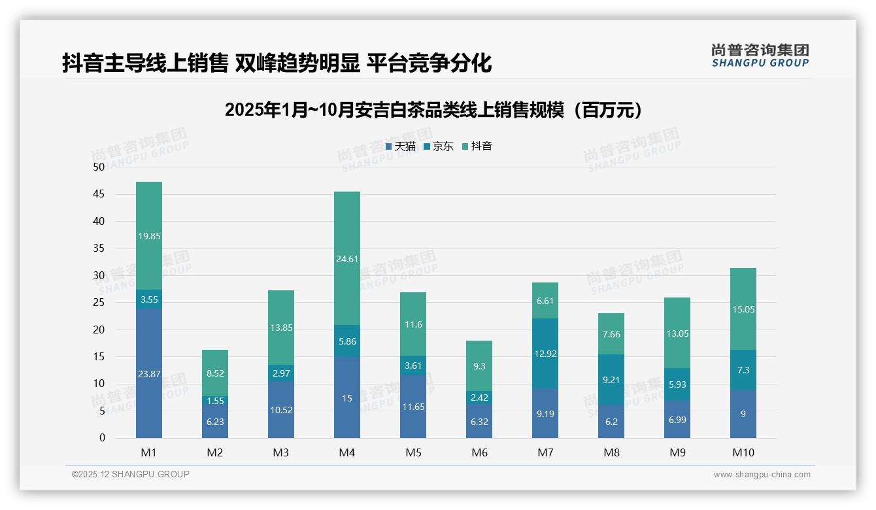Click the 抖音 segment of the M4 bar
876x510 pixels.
pos(346,258)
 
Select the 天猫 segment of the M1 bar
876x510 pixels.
pos(149,373)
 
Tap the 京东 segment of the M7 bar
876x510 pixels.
pos(545,354)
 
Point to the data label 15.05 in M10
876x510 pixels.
pos(743,309)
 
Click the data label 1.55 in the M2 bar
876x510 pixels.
pos(215,401)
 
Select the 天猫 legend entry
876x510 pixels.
pos(400,146)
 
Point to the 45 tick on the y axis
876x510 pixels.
pos(99,194)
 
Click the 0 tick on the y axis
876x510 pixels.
pos(102,438)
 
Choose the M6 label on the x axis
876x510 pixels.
pos(479,452)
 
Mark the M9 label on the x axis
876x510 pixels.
pos(677,452)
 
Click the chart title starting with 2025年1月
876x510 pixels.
pos(433,110)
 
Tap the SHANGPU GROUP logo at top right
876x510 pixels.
pos(760,56)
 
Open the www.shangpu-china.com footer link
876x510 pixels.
pos(762,475)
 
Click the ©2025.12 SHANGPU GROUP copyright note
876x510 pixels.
pos(131,474)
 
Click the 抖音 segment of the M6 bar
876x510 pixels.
pos(479,366)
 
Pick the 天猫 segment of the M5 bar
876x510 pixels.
pos(413,406)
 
